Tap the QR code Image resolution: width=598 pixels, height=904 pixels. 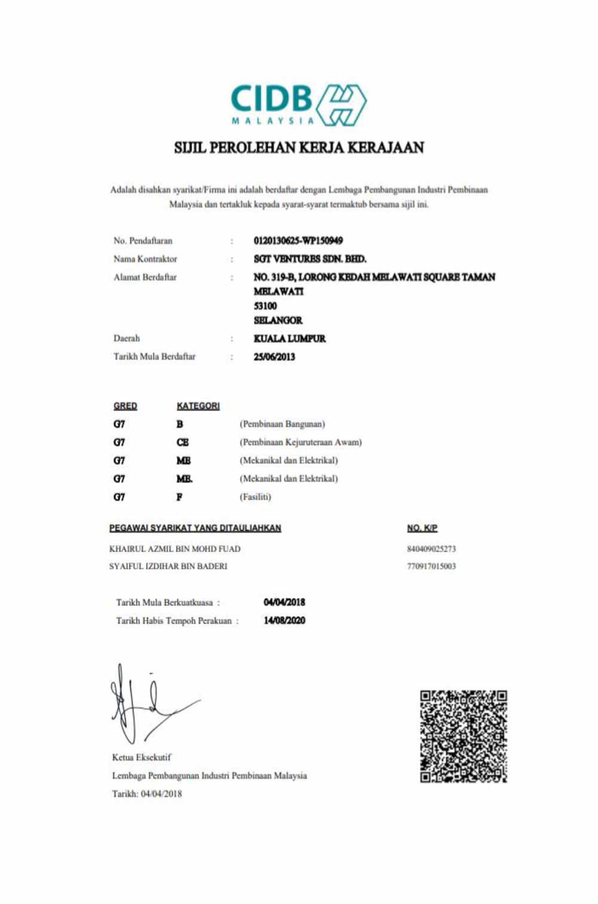463,737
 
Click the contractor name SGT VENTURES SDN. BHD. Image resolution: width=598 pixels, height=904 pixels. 310,259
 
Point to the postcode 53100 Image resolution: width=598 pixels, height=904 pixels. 265,306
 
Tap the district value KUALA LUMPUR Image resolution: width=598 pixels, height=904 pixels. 289,338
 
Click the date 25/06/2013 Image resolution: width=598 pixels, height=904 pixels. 274,357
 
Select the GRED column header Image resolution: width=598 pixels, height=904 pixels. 125,406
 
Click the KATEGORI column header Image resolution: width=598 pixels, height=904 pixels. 198,406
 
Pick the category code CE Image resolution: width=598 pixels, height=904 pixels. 182,442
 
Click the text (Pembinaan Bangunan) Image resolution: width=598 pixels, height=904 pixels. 282,424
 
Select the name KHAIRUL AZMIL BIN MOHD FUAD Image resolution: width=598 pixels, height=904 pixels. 175,549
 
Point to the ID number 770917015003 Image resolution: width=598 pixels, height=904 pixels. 431,566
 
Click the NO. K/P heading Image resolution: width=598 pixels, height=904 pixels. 422,528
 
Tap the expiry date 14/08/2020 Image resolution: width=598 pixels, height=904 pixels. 284,621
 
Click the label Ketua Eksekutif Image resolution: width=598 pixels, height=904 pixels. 141,758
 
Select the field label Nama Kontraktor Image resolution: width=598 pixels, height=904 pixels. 145,259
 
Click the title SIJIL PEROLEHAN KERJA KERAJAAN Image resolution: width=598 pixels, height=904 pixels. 298,147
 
